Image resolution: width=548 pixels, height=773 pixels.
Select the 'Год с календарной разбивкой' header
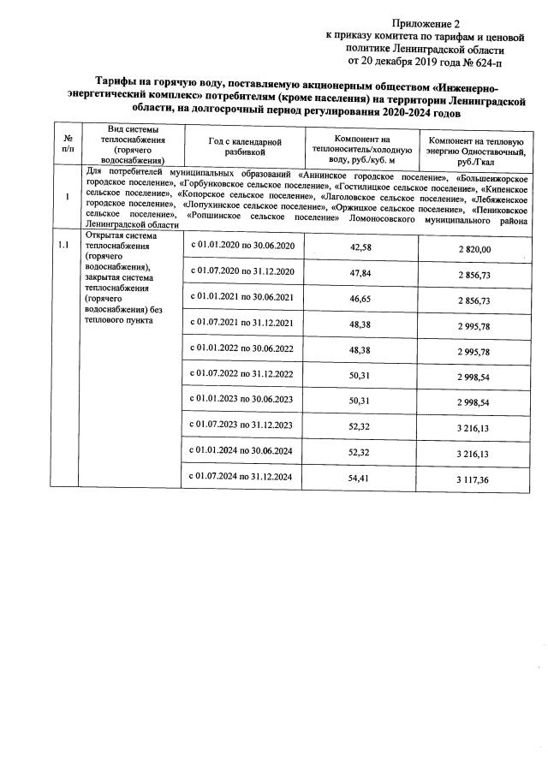[x=243, y=146]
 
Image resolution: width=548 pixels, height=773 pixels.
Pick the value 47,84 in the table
[x=360, y=273]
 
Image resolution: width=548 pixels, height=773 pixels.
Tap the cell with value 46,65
[x=360, y=299]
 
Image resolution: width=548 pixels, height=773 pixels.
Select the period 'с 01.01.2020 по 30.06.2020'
[x=243, y=247]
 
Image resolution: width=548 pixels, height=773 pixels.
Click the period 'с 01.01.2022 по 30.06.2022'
[x=243, y=349]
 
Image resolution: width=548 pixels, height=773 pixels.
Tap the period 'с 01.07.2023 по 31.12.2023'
[x=243, y=425]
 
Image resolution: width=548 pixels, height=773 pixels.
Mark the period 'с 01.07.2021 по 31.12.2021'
[x=243, y=324]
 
